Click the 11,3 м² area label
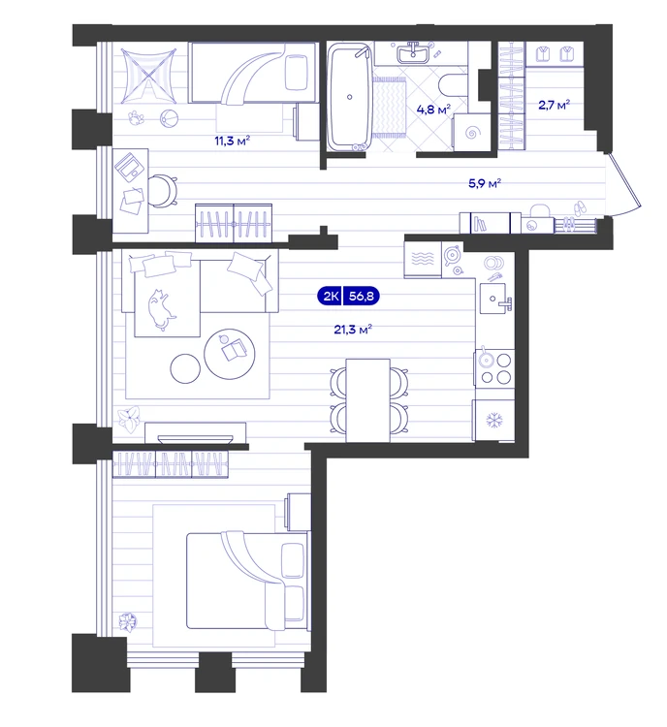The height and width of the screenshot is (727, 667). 233,140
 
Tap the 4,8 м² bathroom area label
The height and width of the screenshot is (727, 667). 433,110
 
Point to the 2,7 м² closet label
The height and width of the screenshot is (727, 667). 555,105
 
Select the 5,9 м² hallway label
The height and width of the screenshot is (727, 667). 485,183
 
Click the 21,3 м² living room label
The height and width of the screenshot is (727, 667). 353,330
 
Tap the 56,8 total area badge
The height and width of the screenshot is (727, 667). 361,296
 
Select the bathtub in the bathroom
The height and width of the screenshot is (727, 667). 350,96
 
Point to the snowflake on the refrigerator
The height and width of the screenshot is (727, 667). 494,421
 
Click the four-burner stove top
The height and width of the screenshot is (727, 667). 494,367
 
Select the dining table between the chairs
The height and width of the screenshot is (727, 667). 367,400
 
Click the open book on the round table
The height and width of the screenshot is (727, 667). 234,350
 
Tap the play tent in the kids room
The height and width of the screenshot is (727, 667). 148,76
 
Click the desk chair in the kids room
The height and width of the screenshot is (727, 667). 162,190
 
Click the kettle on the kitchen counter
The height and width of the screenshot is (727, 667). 452,255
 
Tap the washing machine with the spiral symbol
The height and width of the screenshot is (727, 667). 472,133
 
